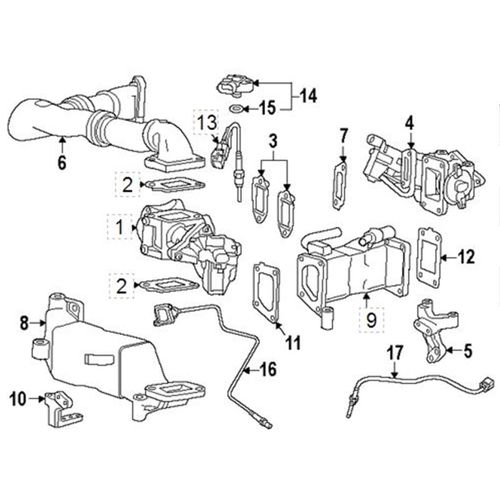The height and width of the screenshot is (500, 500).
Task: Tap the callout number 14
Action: [x=307, y=96]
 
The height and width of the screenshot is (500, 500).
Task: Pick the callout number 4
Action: [x=409, y=122]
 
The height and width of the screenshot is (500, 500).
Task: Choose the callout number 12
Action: [x=466, y=256]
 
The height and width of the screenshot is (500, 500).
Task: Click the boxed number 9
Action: [x=371, y=321]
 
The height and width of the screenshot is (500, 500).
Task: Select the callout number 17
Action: [x=394, y=353]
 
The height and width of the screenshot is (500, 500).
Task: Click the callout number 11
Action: [x=292, y=342]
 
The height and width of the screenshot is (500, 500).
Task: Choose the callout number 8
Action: [x=24, y=323]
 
